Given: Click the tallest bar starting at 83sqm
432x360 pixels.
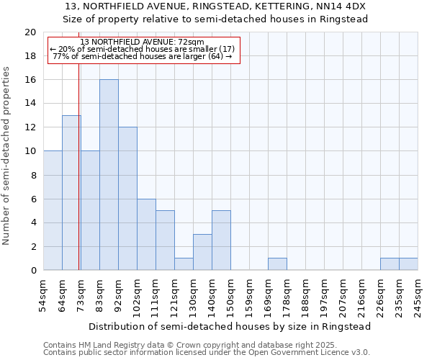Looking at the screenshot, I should pyautogui.click(x=109, y=175).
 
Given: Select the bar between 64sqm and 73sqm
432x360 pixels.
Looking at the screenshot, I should pyautogui.click(x=71, y=193).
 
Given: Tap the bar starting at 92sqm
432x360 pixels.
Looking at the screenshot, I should pyautogui.click(x=127, y=199).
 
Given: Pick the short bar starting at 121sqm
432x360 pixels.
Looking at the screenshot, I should pyautogui.click(x=184, y=264).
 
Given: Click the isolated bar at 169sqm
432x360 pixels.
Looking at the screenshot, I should pyautogui.click(x=277, y=264).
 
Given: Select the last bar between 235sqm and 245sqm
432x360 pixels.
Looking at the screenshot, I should pyautogui.click(x=408, y=264).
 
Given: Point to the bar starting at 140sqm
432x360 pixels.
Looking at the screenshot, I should pyautogui.click(x=221, y=240).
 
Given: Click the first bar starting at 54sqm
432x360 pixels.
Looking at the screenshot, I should pyautogui.click(x=53, y=211).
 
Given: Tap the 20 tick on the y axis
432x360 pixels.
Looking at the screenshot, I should pyautogui.click(x=30, y=32).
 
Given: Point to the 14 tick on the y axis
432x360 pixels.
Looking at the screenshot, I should pyautogui.click(x=30, y=104).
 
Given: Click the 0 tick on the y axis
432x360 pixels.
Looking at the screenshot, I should pyautogui.click(x=33, y=271).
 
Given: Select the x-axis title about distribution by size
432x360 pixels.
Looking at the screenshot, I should pyautogui.click(x=230, y=326).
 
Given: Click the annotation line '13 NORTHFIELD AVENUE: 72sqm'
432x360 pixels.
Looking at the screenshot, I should pyautogui.click(x=143, y=42).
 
